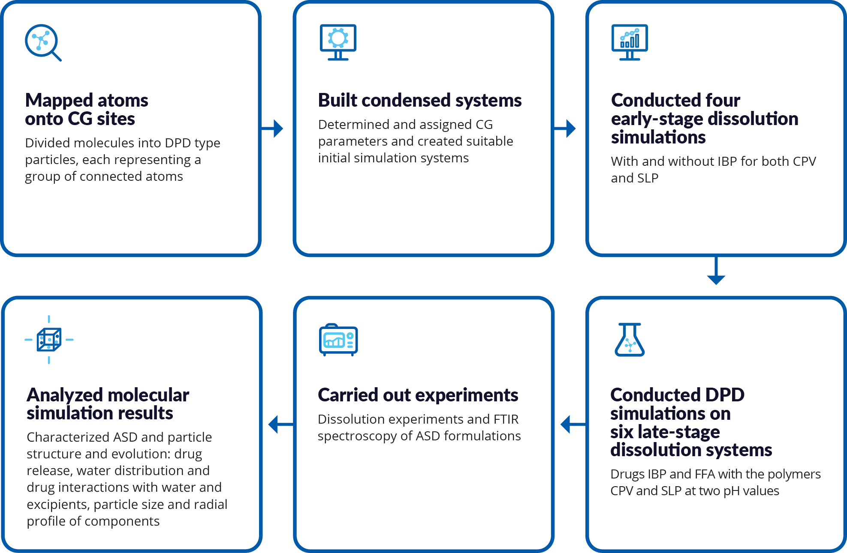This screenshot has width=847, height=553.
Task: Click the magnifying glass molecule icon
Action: (43, 42)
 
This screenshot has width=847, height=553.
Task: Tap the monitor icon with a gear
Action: (338, 42)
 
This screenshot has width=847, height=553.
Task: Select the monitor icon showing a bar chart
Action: (630, 42)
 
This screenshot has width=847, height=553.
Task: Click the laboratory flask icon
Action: (630, 340)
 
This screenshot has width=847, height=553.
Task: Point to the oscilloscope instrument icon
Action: (338, 340)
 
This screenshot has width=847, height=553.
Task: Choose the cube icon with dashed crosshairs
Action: (49, 340)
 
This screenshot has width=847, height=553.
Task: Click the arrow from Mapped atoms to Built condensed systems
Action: (272, 128)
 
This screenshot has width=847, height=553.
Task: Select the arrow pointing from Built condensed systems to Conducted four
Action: (565, 128)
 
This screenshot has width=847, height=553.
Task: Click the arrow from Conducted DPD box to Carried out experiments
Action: (573, 424)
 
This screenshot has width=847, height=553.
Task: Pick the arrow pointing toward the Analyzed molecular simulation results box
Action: (281, 424)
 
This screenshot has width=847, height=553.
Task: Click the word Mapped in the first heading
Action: (59, 101)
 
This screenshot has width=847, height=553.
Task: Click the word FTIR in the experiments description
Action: (506, 419)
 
